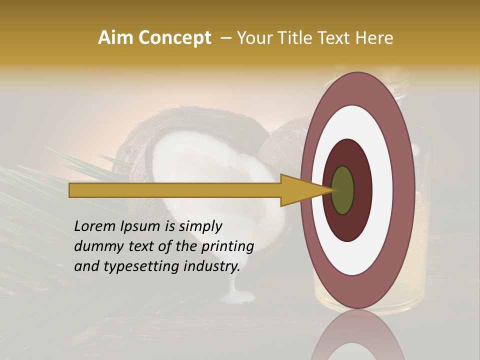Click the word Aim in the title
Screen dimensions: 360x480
[x=115, y=38]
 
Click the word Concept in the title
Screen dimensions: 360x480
[x=174, y=38]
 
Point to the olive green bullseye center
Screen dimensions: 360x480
[x=342, y=190]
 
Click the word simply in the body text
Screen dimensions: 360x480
[x=200, y=227]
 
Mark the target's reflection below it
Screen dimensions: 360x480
[x=357, y=337]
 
